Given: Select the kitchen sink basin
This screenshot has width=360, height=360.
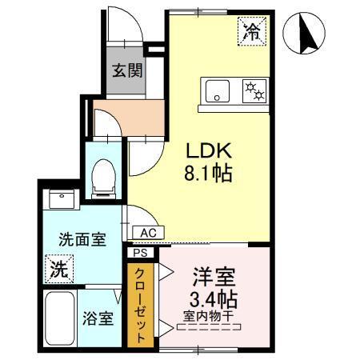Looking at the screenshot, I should click(x=215, y=91).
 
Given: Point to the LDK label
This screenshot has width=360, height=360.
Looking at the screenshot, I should click(x=210, y=150).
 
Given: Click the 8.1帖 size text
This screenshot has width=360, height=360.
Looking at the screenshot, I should click(x=210, y=174).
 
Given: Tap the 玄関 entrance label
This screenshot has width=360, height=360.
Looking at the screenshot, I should click(x=127, y=70).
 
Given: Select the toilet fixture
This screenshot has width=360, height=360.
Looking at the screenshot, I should click(x=104, y=177).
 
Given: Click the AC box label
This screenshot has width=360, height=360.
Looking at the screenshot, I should click(x=147, y=233).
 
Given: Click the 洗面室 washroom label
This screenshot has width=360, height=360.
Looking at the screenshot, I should click(x=82, y=240).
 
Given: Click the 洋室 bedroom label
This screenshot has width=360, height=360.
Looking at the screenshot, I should click(x=214, y=279).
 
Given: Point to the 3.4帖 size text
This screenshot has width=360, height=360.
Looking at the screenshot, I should click(x=214, y=302).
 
